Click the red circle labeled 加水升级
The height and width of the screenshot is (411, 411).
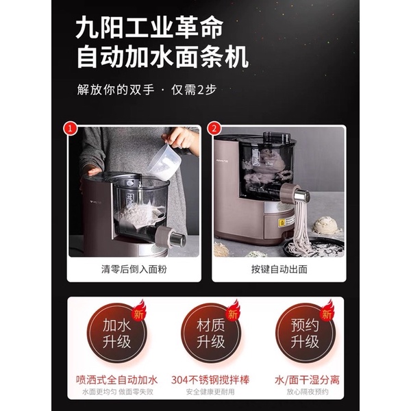click(x=110, y=332)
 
